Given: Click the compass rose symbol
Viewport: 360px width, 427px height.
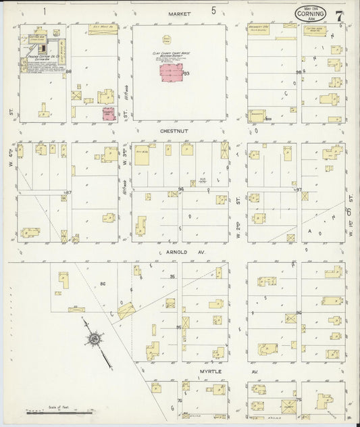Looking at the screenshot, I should tap(96, 338).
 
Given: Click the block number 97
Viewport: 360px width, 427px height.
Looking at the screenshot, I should tap(298, 191).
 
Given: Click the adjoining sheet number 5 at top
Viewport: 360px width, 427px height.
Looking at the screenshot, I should tap(213, 11).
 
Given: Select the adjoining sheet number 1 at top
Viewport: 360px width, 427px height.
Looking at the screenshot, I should tap(45, 11).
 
